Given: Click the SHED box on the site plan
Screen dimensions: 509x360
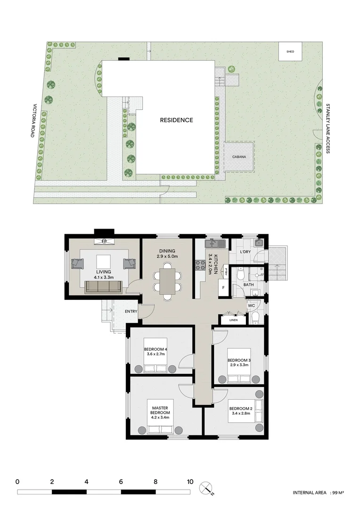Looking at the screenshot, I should (x=290, y=51).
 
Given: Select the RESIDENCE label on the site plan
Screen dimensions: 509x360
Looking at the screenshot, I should (x=176, y=120).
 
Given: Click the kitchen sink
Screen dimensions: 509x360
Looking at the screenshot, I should (x=213, y=244).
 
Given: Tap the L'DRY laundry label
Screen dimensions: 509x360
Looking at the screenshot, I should (x=245, y=252).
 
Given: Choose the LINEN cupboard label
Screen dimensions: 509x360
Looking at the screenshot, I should (x=234, y=320).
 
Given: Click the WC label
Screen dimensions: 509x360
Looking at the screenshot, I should (x=251, y=305).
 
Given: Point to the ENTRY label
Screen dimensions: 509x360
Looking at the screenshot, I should (x=131, y=312).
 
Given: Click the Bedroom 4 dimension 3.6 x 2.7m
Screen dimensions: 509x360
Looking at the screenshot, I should (x=155, y=354).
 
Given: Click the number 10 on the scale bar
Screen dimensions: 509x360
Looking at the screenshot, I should (x=190, y=482).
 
